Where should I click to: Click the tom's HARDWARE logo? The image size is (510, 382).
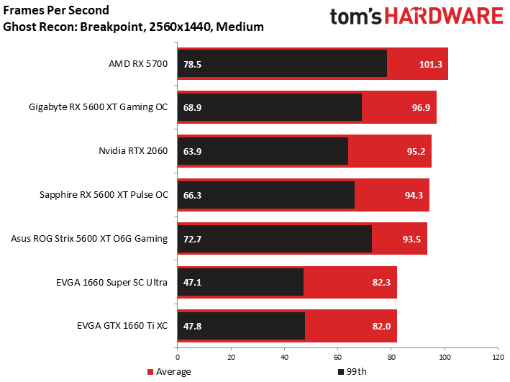coord(416,18)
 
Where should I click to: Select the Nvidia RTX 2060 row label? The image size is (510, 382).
coord(133,151)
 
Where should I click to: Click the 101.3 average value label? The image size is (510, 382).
coord(431,64)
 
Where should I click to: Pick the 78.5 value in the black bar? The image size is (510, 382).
coord(192,64)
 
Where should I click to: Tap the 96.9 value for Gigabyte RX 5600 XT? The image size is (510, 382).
coord(419,107)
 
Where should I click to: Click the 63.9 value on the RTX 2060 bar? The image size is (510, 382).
coord(192,151)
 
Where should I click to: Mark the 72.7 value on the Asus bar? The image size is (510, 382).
coord(192,239)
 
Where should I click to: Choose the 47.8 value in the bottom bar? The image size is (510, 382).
coord(192,326)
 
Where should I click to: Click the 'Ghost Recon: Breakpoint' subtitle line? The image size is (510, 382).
coord(133,27)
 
